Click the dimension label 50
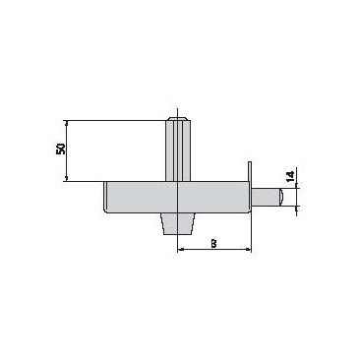(x=61, y=149)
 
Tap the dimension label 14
(x=291, y=175)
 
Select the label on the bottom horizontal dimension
(x=213, y=244)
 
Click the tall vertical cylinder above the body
(x=177, y=150)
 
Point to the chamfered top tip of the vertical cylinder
(x=177, y=119)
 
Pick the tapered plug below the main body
(x=177, y=223)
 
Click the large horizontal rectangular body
(x=178, y=198)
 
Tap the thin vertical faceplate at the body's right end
(x=250, y=188)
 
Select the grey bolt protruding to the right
(x=267, y=198)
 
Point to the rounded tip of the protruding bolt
(x=281, y=198)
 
